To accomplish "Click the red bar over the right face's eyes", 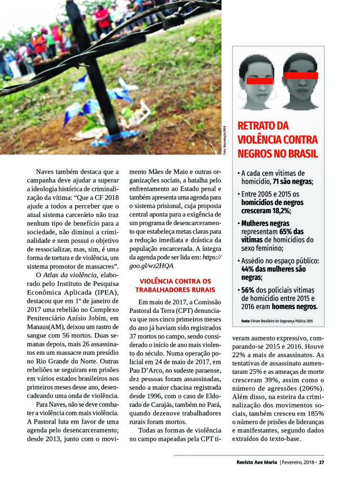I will point(301,75).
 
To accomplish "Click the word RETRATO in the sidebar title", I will point(256,126).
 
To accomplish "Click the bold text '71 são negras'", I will point(293,182).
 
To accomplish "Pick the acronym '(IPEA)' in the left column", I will point(109,292).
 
